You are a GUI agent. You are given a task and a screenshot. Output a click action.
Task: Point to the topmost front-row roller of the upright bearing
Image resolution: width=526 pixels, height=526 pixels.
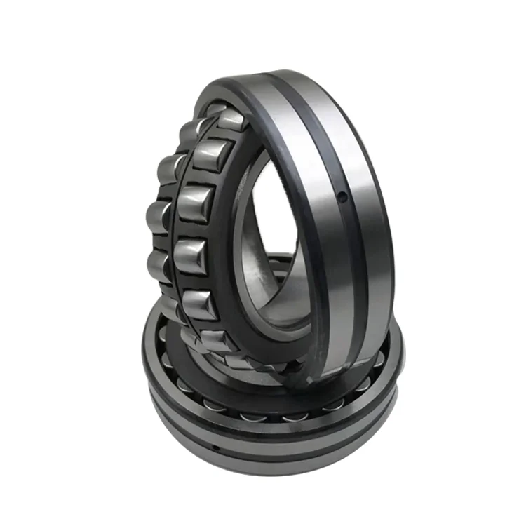(231, 121)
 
